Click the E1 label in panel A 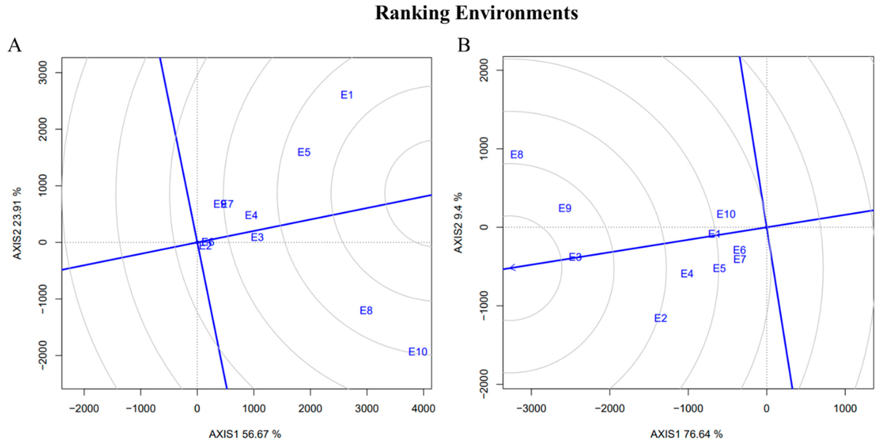click(347, 95)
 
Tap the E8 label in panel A click(366, 311)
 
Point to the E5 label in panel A click(304, 152)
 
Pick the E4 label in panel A click(251, 215)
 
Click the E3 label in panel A click(257, 237)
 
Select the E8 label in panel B click(517, 155)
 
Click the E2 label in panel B click(660, 318)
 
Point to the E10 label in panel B click(726, 214)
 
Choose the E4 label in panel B click(687, 274)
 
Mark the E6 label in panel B click(739, 250)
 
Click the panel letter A click(15, 45)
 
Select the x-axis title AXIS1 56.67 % click(245, 434)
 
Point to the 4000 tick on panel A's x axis click(423, 408)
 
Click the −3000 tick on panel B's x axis click(531, 408)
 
